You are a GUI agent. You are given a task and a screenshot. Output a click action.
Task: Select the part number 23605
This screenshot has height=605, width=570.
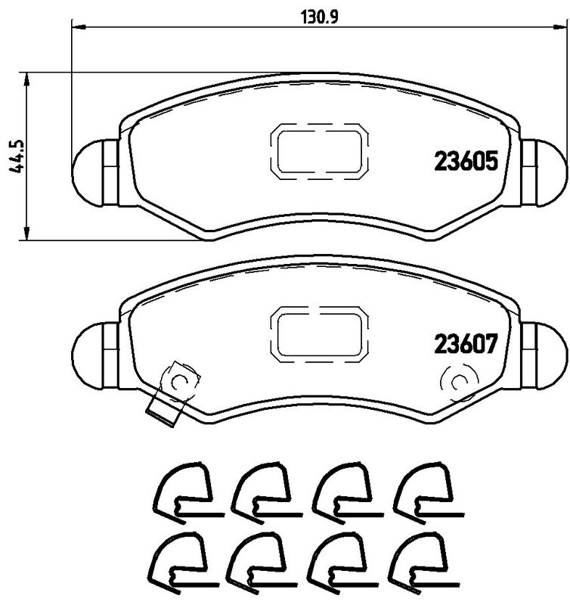(x=465, y=161)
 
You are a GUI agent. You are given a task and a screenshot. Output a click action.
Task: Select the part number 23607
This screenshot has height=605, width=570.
(x=465, y=345)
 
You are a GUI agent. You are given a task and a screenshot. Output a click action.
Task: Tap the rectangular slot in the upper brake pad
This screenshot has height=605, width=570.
(x=321, y=151)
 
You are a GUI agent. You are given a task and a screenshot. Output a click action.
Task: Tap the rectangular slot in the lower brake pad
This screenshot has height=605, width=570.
(x=321, y=335)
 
